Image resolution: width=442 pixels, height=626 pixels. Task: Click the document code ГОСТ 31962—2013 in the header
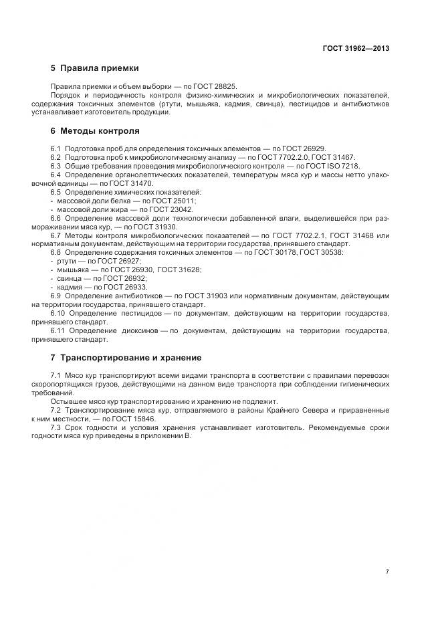[356, 48]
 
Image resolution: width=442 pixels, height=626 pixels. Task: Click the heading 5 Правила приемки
[94, 68]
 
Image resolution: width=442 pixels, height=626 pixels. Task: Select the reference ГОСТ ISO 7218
[334, 166]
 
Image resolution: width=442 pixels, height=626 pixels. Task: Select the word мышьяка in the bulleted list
[72, 270]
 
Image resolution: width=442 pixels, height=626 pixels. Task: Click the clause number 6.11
[59, 330]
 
